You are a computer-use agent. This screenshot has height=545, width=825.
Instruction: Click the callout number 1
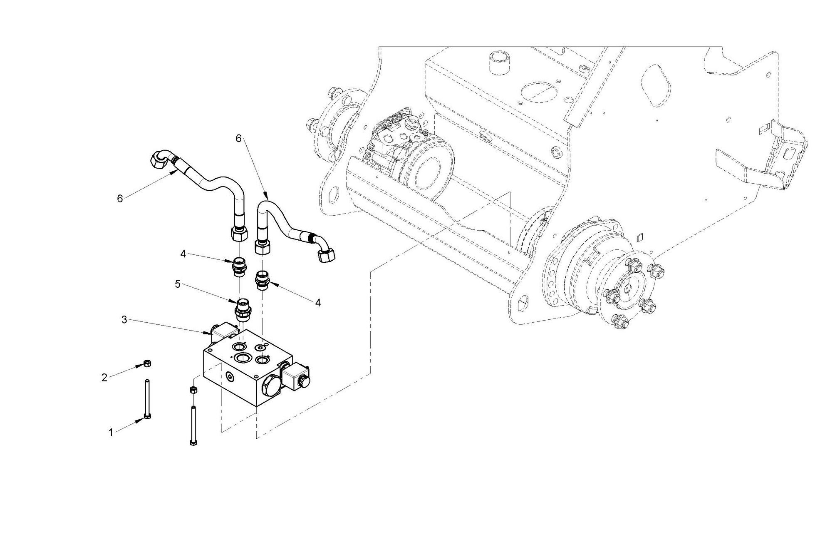coord(111,433)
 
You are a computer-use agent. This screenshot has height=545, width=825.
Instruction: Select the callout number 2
coord(104,378)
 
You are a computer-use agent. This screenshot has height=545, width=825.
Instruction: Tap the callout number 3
coord(124,320)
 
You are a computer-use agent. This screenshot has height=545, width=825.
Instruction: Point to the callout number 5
coord(178,284)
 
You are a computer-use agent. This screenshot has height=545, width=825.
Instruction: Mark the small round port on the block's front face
coord(228,376)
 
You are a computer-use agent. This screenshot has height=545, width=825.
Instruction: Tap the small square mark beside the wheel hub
coord(640,238)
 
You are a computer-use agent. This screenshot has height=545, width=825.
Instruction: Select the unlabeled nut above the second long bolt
coord(193,390)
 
